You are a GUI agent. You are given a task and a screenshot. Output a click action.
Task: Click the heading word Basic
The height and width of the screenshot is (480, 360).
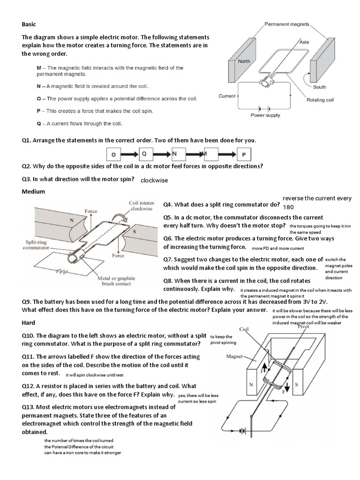29,24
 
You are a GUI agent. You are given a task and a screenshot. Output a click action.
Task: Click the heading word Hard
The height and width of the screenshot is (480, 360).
29,323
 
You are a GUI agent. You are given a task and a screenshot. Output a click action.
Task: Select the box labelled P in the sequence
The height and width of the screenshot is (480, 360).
244,154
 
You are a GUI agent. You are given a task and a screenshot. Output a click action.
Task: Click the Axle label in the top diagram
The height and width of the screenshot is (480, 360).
304,42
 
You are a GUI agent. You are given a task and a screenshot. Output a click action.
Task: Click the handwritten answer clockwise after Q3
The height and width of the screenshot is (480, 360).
154,180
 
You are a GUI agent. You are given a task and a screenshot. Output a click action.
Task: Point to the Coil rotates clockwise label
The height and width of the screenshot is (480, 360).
140,206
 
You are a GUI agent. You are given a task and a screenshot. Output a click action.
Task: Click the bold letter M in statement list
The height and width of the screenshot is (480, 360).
39,68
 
